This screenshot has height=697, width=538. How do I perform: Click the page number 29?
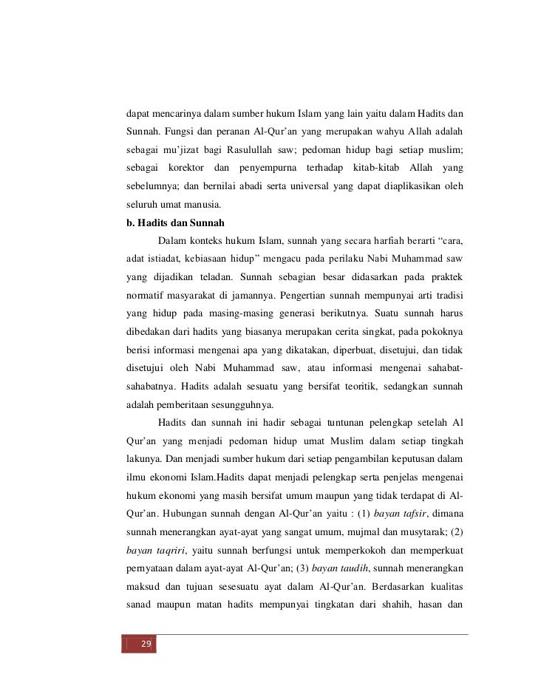(146, 645)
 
